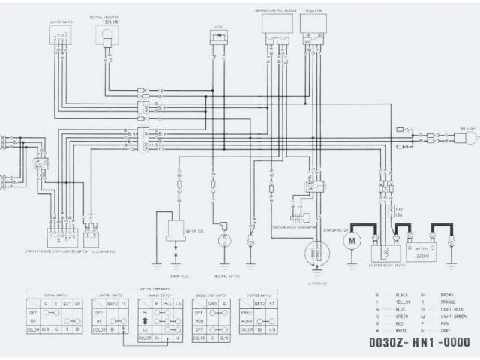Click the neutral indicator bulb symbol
click(x=107, y=34)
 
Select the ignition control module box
click(x=277, y=24)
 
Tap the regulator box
click(x=315, y=24)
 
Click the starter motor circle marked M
click(x=351, y=241)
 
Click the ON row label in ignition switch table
click(x=34, y=318)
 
